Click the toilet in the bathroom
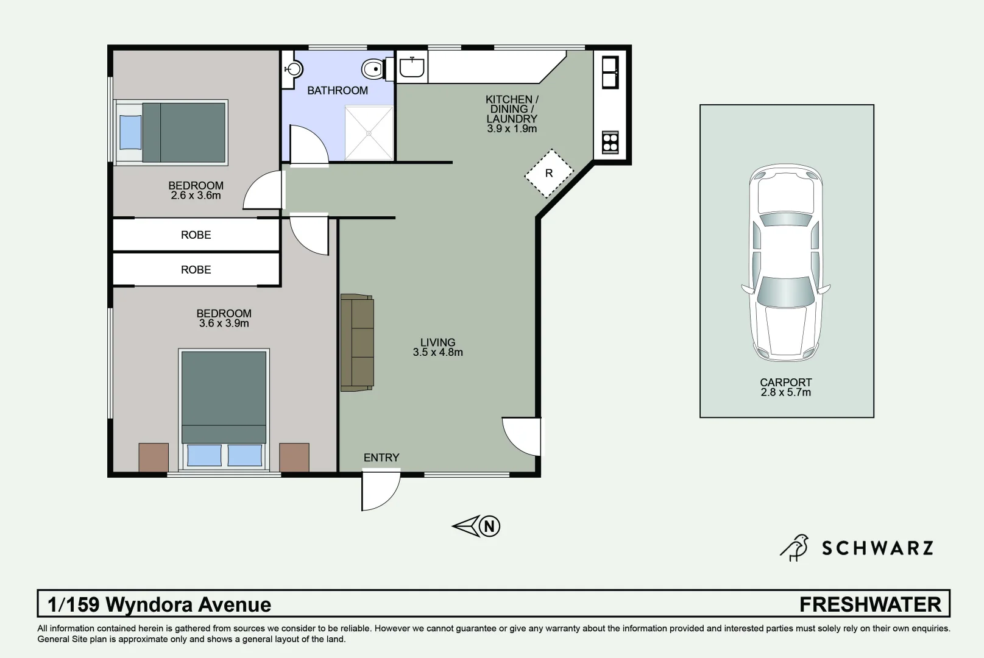tap(372, 69)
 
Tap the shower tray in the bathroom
tap(369, 133)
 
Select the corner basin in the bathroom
tap(292, 69)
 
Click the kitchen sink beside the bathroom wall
tap(412, 66)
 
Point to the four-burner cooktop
tap(610, 142)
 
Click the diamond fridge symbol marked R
tap(548, 174)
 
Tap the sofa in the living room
tap(357, 342)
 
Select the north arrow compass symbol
tap(476, 526)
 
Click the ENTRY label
tap(381, 458)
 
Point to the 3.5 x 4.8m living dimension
tap(437, 352)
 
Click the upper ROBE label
tap(196, 235)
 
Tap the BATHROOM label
tap(338, 91)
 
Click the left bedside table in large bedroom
tap(154, 457)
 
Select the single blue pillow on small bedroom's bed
tap(130, 132)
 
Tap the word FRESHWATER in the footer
tap(870, 604)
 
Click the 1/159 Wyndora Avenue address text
tap(160, 604)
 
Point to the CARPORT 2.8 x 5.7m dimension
tap(786, 392)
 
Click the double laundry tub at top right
tap(610, 72)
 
